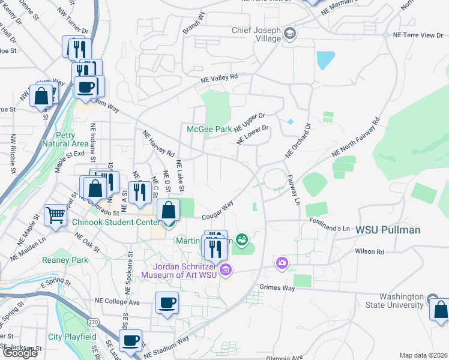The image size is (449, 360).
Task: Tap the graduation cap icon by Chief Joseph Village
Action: [291, 33]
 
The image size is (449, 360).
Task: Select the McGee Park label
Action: [209, 129]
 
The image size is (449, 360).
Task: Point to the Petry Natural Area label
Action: [65, 139]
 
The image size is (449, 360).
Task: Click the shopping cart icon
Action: [55, 214]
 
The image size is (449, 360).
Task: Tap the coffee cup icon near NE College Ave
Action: [167, 302]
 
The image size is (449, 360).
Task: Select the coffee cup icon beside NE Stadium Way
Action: [130, 340]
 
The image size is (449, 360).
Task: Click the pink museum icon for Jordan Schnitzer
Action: [226, 270]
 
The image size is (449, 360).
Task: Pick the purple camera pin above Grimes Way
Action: [282, 263]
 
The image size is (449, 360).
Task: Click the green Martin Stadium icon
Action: [241, 241]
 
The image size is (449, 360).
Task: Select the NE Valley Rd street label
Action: [219, 77]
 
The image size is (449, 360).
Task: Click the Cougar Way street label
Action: [217, 210]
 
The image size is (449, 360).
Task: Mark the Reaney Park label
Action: [65, 260]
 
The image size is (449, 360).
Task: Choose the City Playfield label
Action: [72, 337]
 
